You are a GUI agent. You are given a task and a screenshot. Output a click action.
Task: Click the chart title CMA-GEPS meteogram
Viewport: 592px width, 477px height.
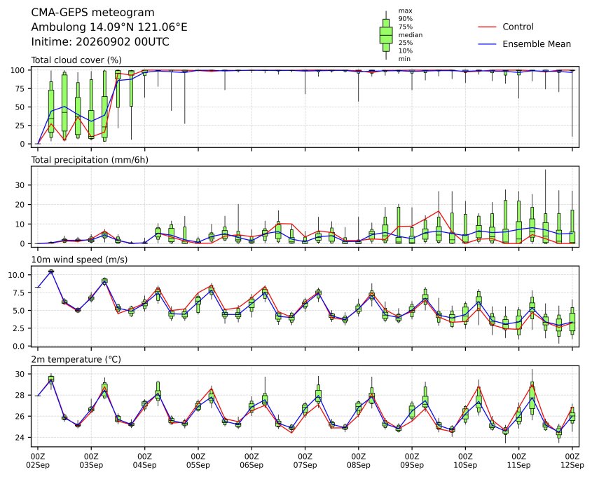click(x=92, y=13)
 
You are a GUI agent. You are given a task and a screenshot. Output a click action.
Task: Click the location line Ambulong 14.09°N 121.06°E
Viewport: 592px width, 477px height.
click(x=109, y=27)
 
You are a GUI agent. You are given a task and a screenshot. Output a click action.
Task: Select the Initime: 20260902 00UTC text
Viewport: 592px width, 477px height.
click(x=100, y=41)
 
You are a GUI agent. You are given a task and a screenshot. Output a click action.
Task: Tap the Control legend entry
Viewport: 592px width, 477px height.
click(x=518, y=27)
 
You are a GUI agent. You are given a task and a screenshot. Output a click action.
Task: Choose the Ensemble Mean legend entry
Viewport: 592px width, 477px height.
click(x=536, y=44)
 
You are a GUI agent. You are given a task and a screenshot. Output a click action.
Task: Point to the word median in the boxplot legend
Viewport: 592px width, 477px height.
click(x=411, y=35)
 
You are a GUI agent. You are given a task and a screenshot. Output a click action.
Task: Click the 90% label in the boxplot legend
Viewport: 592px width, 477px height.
click(x=406, y=18)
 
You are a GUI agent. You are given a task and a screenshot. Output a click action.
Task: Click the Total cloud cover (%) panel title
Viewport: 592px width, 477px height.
click(x=76, y=60)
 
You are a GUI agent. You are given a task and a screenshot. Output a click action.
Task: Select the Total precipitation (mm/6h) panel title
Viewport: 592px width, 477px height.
click(x=90, y=160)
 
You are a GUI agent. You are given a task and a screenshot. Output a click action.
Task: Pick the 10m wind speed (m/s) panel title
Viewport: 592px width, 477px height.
click(x=79, y=260)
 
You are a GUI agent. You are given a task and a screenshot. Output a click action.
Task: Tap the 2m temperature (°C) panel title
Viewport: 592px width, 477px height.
click(x=76, y=359)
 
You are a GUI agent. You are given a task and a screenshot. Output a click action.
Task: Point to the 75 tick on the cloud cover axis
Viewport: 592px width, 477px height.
click(x=20, y=89)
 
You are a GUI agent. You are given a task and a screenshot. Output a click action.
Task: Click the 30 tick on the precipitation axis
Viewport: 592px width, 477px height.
click(x=20, y=185)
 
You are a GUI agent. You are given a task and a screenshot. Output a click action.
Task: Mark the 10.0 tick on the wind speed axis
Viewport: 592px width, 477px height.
click(x=16, y=275)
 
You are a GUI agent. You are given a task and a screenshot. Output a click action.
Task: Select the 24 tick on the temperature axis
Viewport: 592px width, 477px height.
click(x=20, y=437)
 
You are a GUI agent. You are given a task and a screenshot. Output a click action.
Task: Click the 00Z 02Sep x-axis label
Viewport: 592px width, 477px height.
click(x=37, y=460)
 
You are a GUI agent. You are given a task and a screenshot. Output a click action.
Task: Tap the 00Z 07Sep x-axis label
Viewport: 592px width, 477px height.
click(x=305, y=460)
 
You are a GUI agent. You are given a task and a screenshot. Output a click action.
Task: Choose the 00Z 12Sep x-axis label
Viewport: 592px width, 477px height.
click(x=572, y=460)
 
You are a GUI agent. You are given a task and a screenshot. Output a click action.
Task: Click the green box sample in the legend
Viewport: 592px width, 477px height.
click(x=386, y=35)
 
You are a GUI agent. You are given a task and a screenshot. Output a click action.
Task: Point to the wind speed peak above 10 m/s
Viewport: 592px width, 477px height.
click(x=51, y=271)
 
